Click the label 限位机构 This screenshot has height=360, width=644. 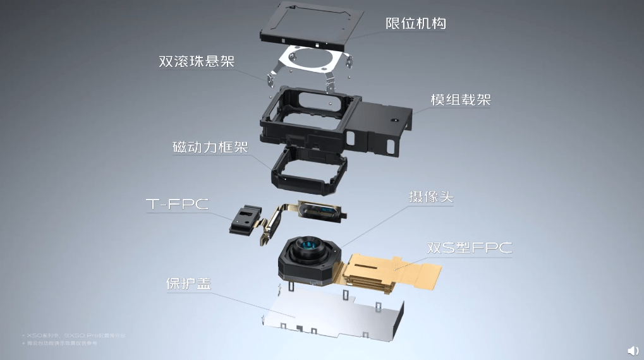click(416, 24)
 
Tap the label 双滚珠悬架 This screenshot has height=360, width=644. click(197, 62)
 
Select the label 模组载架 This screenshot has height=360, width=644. click(461, 100)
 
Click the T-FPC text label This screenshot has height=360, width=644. click(177, 204)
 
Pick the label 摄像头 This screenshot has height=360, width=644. click(430, 197)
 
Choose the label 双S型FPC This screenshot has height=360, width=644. click(469, 248)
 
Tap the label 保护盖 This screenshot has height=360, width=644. click(188, 284)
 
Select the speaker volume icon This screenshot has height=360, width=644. click(632, 351)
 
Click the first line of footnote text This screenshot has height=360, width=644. click(73, 335)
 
